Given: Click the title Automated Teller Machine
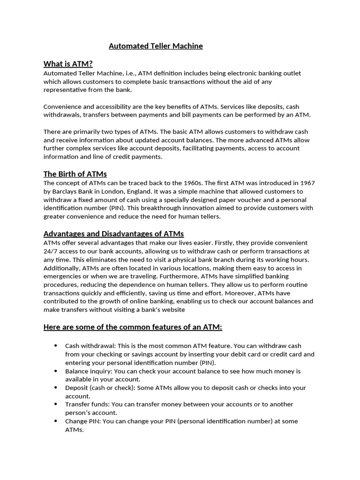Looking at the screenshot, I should point(156,46).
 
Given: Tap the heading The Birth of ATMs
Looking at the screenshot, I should point(75,174).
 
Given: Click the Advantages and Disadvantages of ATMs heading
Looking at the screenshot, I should point(113,233).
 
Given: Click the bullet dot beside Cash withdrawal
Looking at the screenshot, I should point(56,346).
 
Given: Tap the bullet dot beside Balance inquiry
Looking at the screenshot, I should point(56,371).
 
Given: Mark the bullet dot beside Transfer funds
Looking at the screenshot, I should point(56,404).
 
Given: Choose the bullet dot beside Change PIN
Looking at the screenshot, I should point(56,421).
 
